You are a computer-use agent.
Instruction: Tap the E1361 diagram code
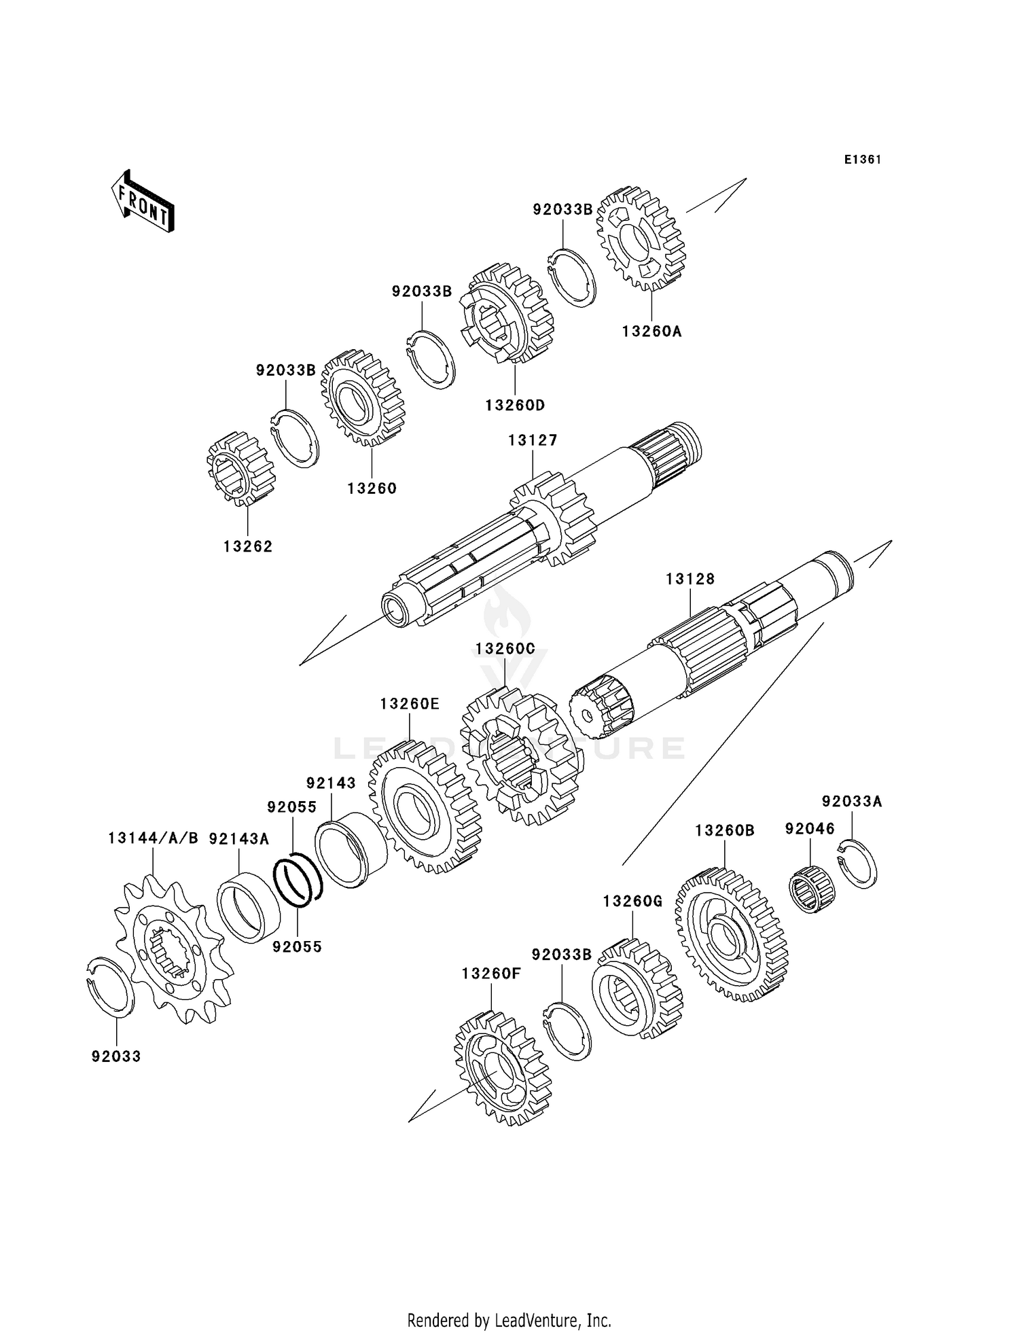(x=862, y=160)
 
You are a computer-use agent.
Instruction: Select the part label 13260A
(x=651, y=332)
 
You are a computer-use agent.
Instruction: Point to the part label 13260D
(x=515, y=406)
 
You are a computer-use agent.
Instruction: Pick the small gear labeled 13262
(x=240, y=469)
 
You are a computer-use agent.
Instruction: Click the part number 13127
(x=533, y=440)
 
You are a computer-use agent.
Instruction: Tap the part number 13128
(x=690, y=579)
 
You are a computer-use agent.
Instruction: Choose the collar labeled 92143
(x=351, y=850)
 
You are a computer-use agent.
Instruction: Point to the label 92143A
(x=238, y=839)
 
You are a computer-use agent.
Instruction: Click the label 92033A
(x=851, y=802)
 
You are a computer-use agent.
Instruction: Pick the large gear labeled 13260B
(x=731, y=934)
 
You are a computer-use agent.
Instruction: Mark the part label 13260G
(x=632, y=902)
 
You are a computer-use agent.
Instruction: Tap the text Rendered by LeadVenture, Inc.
(x=509, y=1320)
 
